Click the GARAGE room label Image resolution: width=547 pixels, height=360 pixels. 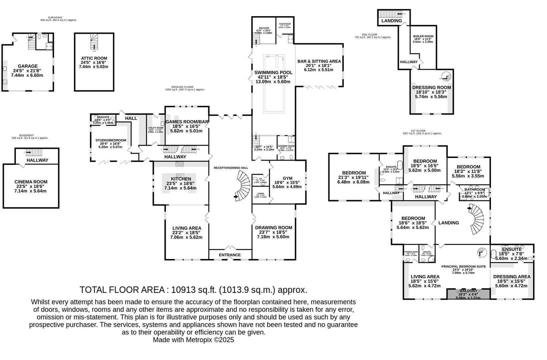pyautogui.click(x=28, y=66)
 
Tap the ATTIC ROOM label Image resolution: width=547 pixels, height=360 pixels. pyautogui.click(x=94, y=58)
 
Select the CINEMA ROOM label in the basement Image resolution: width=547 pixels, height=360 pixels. pyautogui.click(x=31, y=182)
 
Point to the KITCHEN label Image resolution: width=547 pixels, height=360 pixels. pyautogui.click(x=181, y=179)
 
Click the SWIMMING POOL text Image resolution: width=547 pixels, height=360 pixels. pyautogui.click(x=273, y=72)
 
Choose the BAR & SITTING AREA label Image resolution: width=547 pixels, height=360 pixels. pyautogui.click(x=319, y=61)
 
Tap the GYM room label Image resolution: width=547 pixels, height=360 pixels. pyautogui.click(x=287, y=178)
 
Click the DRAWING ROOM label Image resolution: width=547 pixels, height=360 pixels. pyautogui.click(x=273, y=228)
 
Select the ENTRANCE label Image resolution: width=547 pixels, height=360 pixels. pyautogui.click(x=230, y=255)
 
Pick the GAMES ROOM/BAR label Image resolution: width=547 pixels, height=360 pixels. pyautogui.click(x=187, y=122)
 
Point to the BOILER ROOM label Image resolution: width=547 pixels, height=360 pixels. pyautogui.click(x=423, y=36)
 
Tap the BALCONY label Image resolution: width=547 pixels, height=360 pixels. pyautogui.click(x=469, y=291)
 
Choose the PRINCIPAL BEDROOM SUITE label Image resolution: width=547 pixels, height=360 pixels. pyautogui.click(x=464, y=266)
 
